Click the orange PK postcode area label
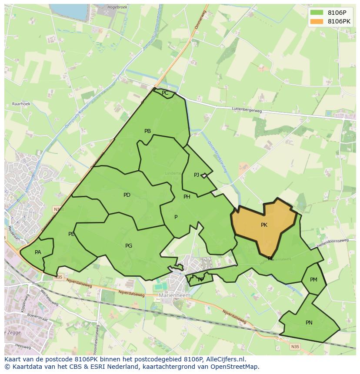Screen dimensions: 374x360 click(x=264, y=225)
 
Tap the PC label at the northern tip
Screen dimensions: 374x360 click(x=165, y=93)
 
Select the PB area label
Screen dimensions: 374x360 click(x=147, y=131)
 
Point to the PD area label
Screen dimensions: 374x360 click(x=127, y=195)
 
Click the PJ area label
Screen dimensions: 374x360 click(x=197, y=175)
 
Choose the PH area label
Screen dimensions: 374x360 click(x=187, y=197)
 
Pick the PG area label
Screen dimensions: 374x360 click(x=129, y=246)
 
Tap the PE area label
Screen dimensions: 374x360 click(x=71, y=234)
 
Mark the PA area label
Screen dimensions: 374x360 click(x=38, y=252)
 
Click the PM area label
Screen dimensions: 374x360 click(x=313, y=280)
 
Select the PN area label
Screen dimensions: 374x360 click(x=309, y=323)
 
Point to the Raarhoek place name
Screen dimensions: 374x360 click(x=21, y=104)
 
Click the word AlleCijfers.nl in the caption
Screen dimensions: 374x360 click(x=225, y=359)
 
